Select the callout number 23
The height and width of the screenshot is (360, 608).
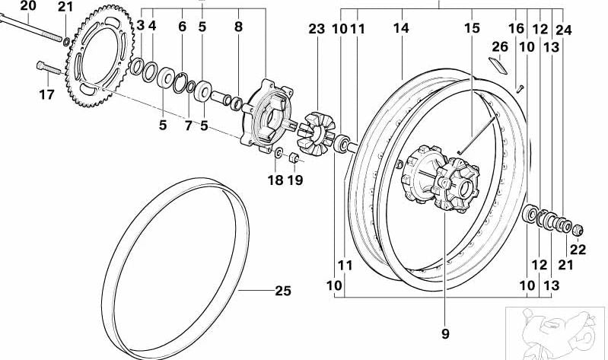317,29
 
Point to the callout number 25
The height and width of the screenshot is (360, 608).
282,291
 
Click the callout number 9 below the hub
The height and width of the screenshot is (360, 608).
444,333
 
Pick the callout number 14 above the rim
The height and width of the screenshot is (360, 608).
401,29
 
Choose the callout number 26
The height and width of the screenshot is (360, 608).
499,47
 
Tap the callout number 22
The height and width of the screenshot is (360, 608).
578,249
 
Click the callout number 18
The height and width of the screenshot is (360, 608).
275,180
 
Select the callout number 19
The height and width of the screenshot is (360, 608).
295,180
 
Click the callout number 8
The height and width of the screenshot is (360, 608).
238,27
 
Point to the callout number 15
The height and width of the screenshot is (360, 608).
473,29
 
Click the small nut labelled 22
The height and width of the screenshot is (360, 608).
578,228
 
